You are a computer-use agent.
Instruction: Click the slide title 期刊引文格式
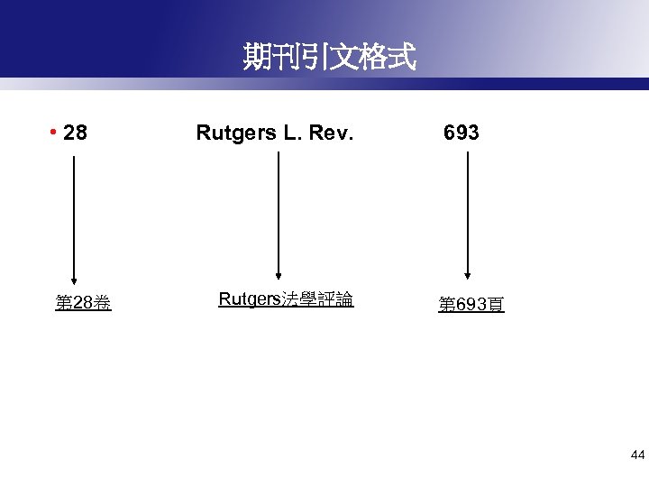click(x=329, y=59)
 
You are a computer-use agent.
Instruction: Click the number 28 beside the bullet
click(x=77, y=133)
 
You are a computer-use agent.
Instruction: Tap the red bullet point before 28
click(x=55, y=133)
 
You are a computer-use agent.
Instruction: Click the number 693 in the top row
click(x=461, y=133)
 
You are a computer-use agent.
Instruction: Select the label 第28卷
click(x=83, y=303)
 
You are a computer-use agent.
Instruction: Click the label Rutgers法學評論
click(x=286, y=299)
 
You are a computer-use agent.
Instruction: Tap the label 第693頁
click(x=471, y=305)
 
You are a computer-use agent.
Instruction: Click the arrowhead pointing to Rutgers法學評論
click(x=279, y=275)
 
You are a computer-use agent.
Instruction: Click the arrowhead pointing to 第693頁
click(x=467, y=275)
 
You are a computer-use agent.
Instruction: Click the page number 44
click(x=637, y=455)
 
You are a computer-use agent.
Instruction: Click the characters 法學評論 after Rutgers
click(x=317, y=299)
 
